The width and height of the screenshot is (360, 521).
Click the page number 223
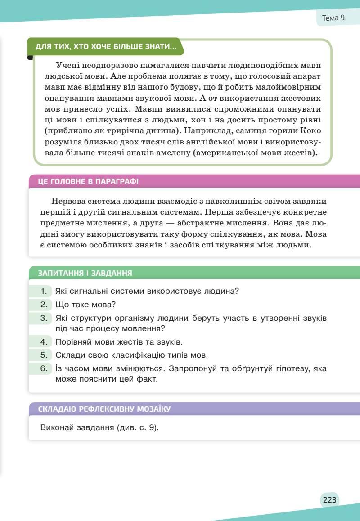[329, 500]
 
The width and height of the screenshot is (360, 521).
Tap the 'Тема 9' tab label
[333, 18]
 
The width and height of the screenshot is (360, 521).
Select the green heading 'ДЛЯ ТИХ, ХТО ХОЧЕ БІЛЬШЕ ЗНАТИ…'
[106, 47]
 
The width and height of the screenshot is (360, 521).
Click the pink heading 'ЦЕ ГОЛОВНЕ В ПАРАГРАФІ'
[88, 182]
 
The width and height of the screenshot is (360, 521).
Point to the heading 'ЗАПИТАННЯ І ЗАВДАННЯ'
[85, 273]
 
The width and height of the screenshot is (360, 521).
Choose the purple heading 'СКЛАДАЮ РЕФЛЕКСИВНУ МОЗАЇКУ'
[104, 409]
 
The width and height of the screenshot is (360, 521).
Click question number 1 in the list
[44, 291]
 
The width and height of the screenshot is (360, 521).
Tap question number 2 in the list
[44, 305]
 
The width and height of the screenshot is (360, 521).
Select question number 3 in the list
[44, 318]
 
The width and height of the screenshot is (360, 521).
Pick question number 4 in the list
[44, 342]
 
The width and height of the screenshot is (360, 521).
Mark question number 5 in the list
[44, 355]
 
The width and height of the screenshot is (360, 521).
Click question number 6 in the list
[44, 368]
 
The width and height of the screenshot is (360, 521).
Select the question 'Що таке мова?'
[85, 305]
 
